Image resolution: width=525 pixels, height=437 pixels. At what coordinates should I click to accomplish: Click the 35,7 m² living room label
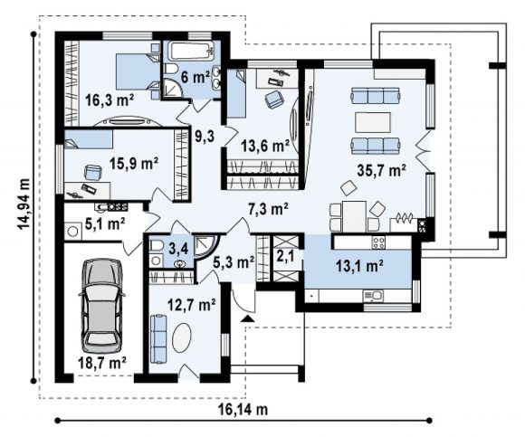coord(382,170)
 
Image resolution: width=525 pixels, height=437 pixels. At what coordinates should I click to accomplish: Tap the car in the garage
coord(101,305)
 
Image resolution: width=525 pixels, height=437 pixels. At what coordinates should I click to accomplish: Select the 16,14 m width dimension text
coord(243,409)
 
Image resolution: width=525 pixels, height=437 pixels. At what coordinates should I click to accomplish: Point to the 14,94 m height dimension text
coord(24,204)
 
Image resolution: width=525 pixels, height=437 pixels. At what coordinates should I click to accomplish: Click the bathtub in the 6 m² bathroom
coord(191,51)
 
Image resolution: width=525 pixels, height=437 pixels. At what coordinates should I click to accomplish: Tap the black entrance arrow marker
coord(248,318)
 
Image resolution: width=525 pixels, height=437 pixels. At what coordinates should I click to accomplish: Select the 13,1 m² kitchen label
coord(359,266)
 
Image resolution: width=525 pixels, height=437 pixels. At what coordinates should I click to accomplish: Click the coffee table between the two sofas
coord(373,122)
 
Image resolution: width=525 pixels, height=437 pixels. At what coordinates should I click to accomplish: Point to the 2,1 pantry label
coord(285,256)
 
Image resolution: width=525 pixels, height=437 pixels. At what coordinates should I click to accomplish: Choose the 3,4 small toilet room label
coord(177,249)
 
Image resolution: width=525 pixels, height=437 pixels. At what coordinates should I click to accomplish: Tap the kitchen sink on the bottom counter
coord(373,296)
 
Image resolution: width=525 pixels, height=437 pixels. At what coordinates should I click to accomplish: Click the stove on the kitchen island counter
coord(378,242)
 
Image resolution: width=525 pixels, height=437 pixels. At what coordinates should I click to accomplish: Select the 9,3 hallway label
coord(205,136)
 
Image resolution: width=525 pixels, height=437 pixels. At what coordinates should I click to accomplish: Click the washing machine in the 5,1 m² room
coord(73,231)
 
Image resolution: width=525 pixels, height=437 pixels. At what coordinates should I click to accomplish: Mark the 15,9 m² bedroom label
coord(134,163)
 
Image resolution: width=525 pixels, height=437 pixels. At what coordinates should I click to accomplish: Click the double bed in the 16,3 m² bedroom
coord(138,71)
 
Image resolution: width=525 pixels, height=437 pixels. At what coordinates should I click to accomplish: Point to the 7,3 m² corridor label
coord(268,210)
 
